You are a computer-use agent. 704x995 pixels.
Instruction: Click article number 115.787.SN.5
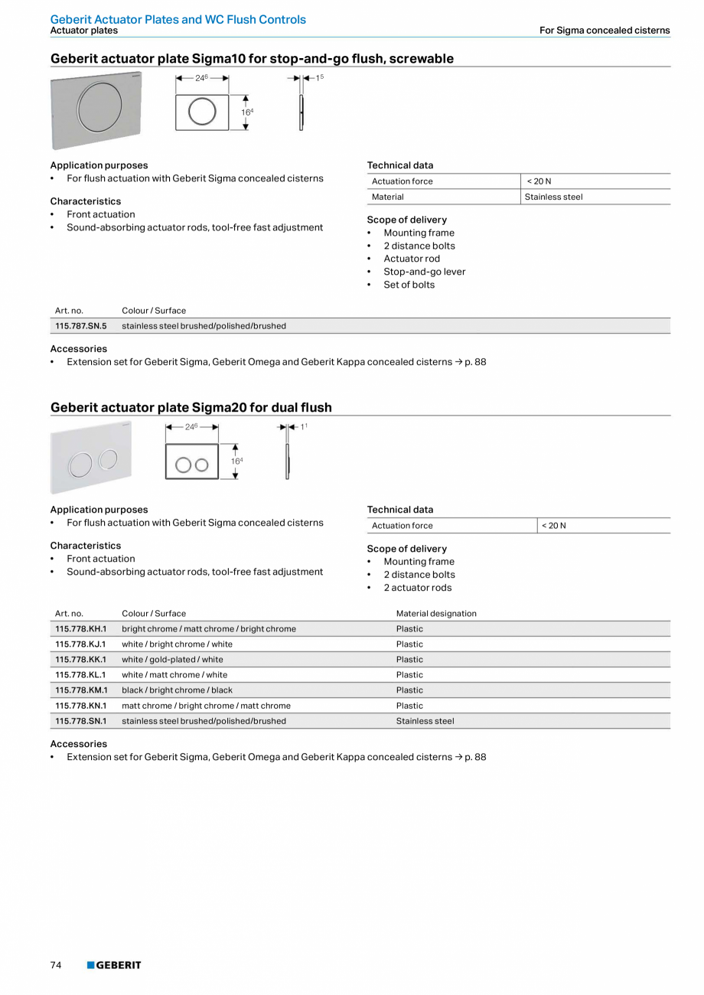(x=80, y=326)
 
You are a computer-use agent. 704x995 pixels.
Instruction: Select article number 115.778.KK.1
(x=80, y=660)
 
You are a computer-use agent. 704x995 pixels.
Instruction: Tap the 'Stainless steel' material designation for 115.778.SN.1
(x=425, y=721)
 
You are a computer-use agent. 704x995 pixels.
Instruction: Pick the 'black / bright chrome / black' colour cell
(x=177, y=690)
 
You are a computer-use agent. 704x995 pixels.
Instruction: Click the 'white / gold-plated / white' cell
(x=172, y=660)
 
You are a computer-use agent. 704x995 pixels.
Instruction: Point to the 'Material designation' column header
(x=436, y=614)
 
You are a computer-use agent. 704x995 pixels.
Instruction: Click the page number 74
(x=56, y=965)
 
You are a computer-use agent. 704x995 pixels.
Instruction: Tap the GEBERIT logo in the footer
(x=114, y=965)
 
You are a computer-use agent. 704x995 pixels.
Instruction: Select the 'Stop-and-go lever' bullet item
(x=424, y=272)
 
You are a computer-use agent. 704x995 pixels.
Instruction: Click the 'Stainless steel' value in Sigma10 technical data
(x=553, y=197)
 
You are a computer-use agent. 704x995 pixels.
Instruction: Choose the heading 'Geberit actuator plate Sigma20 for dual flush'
(x=191, y=407)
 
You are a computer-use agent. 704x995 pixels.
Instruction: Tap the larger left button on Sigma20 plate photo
(x=80, y=465)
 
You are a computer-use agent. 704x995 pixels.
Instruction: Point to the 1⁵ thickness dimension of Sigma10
(x=319, y=78)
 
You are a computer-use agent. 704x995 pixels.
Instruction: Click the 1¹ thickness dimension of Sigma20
(x=303, y=426)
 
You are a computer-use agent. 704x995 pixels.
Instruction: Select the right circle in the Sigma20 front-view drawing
(x=201, y=465)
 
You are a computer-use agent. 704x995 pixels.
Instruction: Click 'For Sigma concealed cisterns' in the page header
(x=605, y=31)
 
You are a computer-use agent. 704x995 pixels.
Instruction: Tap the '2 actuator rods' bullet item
(x=417, y=588)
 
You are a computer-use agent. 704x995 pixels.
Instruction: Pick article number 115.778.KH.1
(x=80, y=629)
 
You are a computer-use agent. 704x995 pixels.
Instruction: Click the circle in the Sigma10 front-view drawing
(x=202, y=112)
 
